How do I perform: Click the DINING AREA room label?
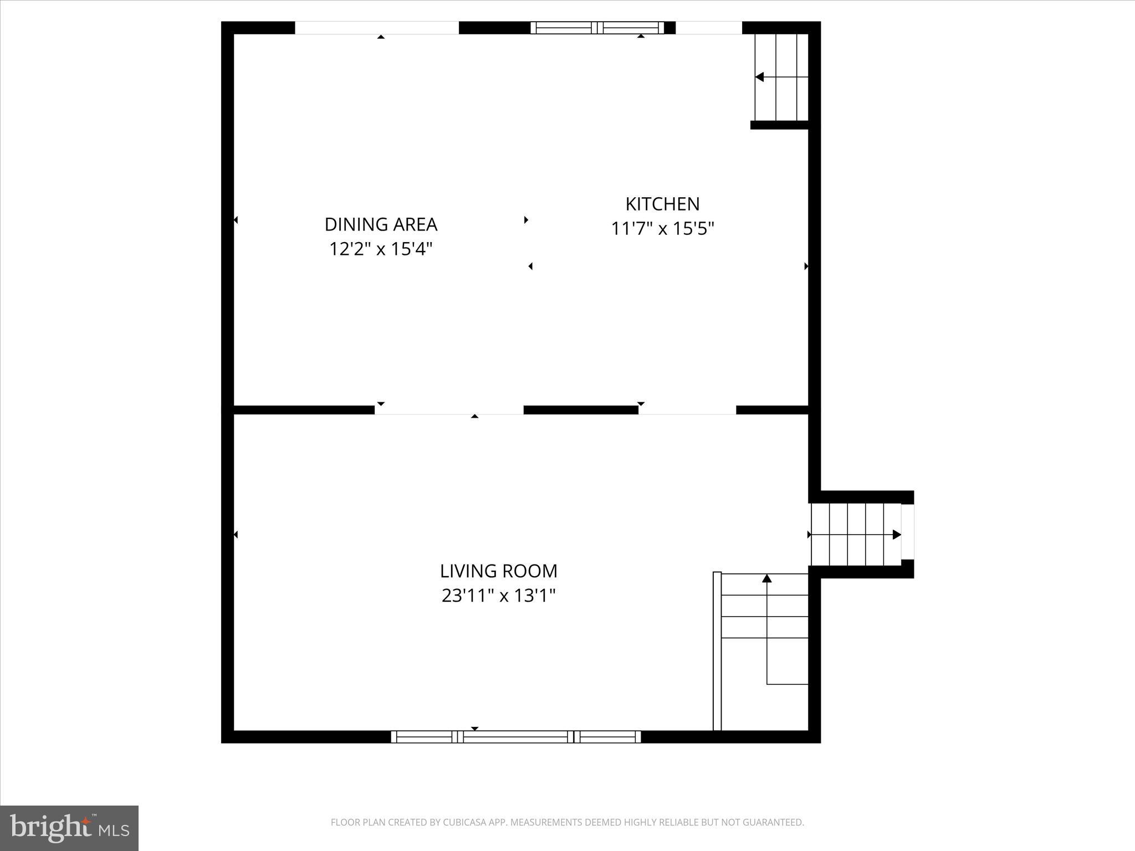(381, 224)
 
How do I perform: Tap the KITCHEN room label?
(662, 204)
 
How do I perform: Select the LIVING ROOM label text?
(498, 571)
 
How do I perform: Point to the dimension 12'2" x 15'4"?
(381, 249)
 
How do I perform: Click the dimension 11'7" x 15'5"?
(662, 228)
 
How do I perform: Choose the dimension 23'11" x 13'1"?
(498, 596)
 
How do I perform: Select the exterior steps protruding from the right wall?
(856, 535)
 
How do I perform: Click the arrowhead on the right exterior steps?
(896, 535)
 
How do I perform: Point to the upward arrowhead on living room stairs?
(767, 578)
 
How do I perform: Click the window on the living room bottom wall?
(516, 736)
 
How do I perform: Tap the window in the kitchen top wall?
(597, 28)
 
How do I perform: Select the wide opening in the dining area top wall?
(377, 28)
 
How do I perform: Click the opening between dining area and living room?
(449, 411)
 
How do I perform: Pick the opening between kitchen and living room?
(687, 411)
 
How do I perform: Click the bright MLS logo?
(69, 827)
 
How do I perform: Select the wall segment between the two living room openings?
(581, 410)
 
